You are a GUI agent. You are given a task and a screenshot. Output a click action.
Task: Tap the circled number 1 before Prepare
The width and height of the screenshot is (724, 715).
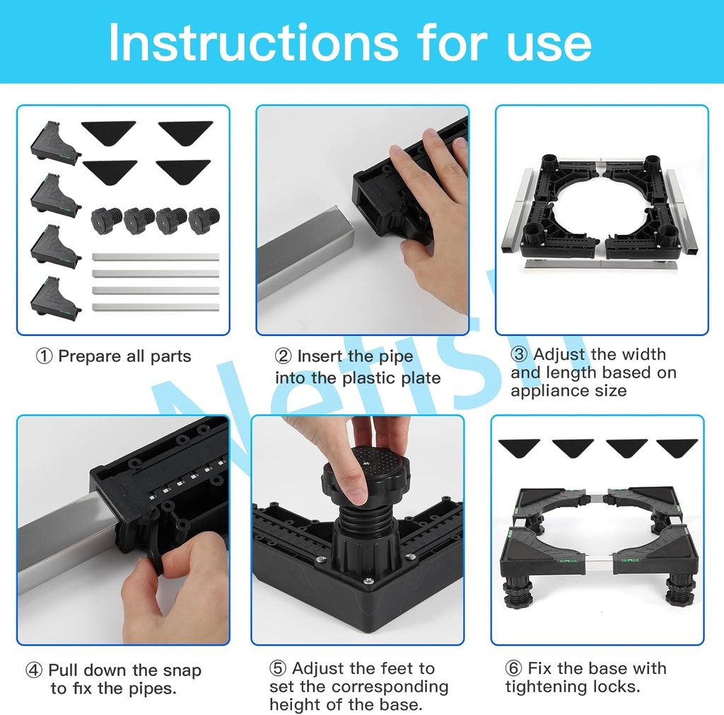tap(44, 356)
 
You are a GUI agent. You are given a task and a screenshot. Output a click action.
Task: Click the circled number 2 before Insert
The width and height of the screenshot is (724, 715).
tap(283, 356)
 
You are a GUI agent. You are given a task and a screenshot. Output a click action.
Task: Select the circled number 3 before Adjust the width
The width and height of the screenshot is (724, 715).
tap(519, 354)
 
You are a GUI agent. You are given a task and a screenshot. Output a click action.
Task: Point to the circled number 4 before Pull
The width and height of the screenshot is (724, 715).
tap(34, 670)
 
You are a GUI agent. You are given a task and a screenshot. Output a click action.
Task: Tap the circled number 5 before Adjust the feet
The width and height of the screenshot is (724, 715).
tap(277, 668)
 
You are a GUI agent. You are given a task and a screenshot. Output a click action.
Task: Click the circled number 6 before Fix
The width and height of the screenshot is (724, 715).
tap(513, 668)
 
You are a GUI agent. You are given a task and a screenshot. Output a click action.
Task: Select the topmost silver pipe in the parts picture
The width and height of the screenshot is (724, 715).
tap(156, 257)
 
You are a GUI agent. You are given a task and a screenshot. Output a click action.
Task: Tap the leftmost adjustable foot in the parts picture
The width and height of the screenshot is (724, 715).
tap(107, 221)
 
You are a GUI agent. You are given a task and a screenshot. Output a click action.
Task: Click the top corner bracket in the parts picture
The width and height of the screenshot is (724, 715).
tap(54, 144)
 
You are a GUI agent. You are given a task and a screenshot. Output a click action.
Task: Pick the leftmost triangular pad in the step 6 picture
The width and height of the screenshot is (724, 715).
tap(520, 448)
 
